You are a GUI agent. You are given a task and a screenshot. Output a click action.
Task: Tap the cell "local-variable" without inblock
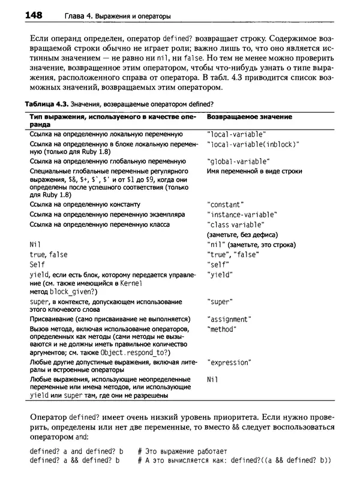point(236,134)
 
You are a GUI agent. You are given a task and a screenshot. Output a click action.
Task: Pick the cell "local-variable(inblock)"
point(252,145)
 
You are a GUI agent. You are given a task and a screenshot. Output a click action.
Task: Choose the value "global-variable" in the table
point(238,161)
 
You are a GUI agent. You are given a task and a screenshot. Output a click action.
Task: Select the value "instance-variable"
point(241,214)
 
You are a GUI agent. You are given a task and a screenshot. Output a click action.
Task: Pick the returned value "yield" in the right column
point(220,275)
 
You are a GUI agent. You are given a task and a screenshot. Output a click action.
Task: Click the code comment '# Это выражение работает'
point(182,450)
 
